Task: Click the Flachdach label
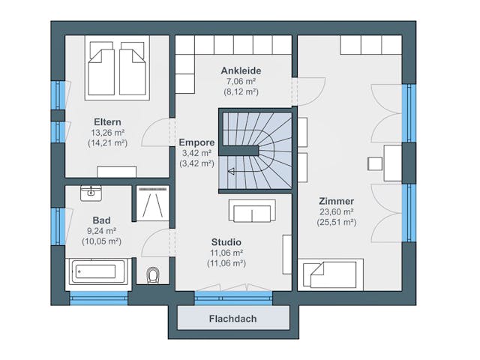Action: click(232, 319)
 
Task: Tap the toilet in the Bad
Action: click(153, 275)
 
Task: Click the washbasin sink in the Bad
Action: click(91, 193)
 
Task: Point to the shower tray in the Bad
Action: click(152, 203)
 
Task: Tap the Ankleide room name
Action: click(241, 70)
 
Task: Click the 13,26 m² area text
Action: click(107, 133)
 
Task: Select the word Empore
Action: click(196, 142)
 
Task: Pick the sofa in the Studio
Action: click(252, 211)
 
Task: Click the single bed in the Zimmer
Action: click(331, 274)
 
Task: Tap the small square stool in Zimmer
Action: click(375, 163)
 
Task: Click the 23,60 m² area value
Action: click(337, 211)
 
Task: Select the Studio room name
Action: click(226, 242)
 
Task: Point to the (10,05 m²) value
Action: click(102, 241)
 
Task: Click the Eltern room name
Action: click(107, 121)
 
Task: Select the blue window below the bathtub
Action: click(98, 298)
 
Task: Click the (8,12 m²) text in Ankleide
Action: click(241, 91)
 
